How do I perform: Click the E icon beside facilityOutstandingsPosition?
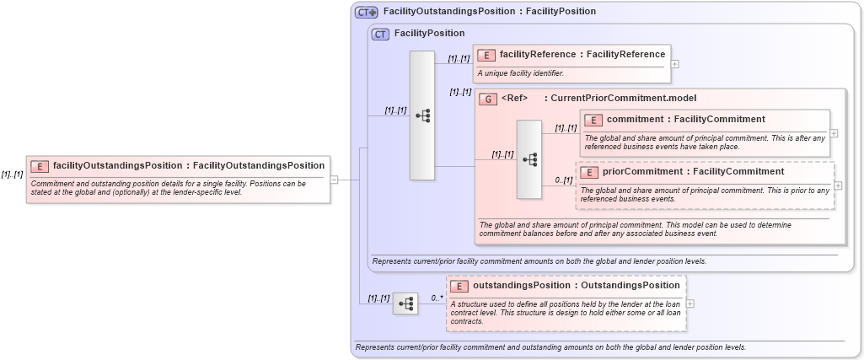40,166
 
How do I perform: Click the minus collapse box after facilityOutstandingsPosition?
334,179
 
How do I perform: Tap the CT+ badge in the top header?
367,12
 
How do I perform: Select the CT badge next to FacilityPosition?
381,34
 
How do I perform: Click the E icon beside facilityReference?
486,55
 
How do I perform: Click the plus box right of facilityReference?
675,63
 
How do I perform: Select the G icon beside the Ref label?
488,99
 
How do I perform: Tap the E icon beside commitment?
593,120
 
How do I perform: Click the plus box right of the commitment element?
834,132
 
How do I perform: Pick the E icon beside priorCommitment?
589,172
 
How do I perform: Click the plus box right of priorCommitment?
838,185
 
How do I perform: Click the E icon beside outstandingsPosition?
459,286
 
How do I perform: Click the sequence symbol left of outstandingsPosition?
405,303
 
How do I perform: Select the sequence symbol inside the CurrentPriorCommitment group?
529,159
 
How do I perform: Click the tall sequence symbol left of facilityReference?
422,115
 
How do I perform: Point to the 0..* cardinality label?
437,298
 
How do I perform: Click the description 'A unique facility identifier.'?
520,73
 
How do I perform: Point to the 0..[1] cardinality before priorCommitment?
563,180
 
